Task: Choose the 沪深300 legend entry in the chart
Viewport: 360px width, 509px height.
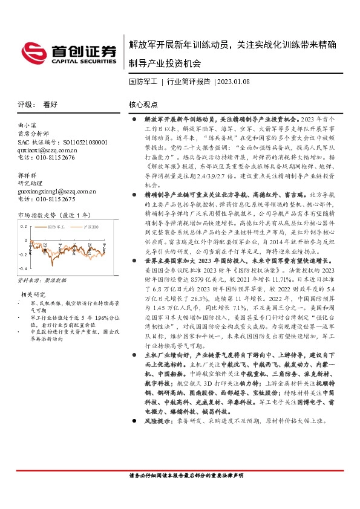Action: tap(87, 226)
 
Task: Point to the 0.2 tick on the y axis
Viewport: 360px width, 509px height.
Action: tap(24, 225)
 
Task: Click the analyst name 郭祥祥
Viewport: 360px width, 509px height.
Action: tap(25, 174)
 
